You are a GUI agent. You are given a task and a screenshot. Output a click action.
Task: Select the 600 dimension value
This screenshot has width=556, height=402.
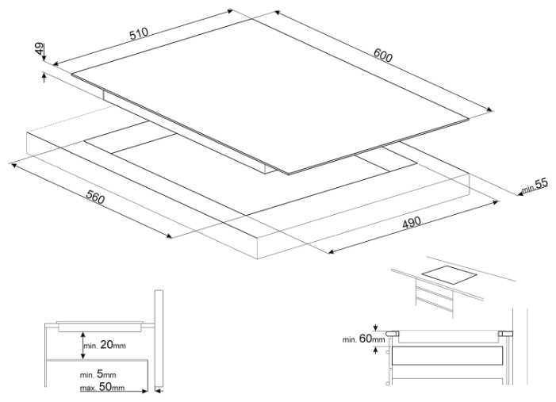click(383, 56)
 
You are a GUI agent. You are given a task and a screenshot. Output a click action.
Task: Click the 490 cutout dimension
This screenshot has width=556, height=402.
click(411, 223)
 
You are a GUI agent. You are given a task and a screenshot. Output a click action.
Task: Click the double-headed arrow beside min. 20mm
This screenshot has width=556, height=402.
click(82, 344)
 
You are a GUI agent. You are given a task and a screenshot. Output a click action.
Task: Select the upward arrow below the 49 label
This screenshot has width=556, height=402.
click(42, 76)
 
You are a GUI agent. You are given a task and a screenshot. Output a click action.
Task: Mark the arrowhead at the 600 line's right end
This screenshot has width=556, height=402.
click(493, 110)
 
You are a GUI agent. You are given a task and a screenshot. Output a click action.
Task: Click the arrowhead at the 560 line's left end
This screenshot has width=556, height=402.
click(12, 164)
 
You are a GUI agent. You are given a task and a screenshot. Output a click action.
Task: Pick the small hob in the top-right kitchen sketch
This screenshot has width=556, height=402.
click(449, 274)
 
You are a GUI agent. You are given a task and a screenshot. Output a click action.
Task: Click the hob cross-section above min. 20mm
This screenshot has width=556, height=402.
click(99, 324)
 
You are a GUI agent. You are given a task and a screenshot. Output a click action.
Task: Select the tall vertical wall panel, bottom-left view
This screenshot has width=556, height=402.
click(159, 337)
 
